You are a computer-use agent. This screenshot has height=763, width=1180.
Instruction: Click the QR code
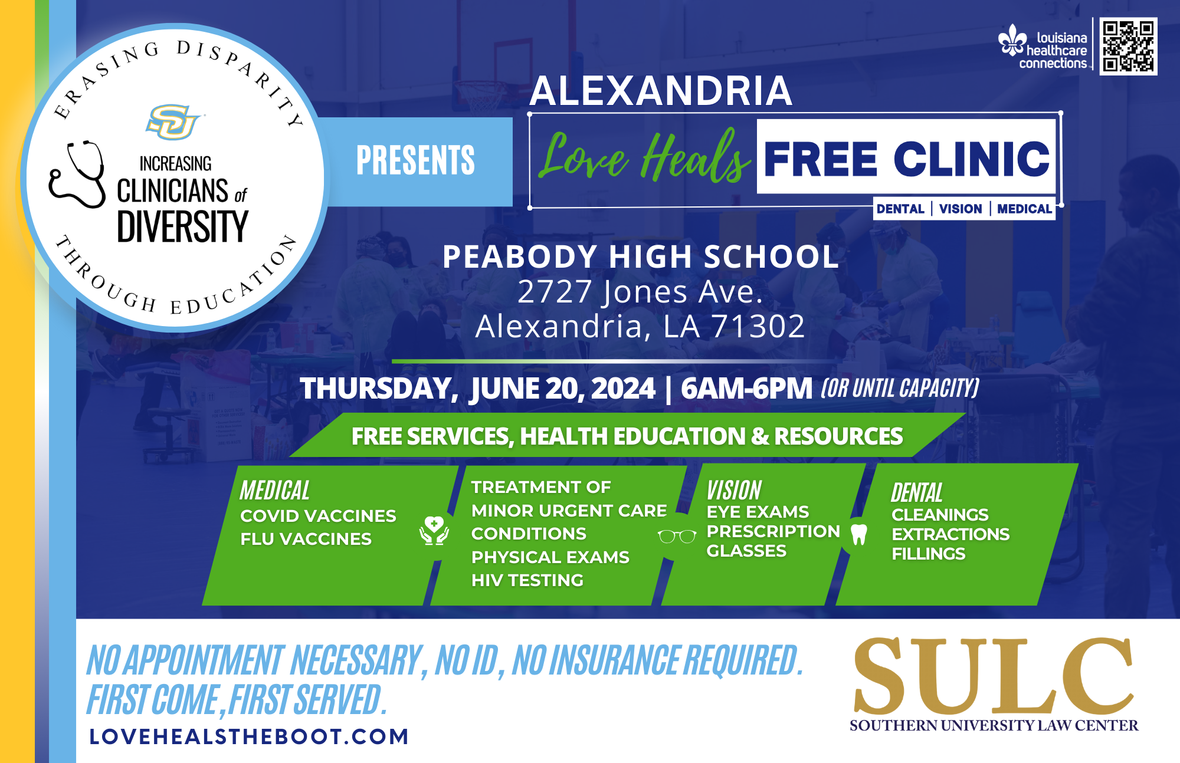[x=1129, y=46]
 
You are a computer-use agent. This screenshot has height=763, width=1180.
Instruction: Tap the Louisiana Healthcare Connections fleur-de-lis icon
[x=1012, y=40]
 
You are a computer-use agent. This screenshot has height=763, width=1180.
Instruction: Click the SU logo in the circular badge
[x=173, y=121]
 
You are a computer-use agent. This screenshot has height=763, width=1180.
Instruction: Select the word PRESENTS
[x=415, y=160]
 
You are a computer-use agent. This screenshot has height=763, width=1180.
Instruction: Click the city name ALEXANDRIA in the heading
[x=661, y=91]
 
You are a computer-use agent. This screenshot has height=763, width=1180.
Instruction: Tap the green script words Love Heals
[x=645, y=156]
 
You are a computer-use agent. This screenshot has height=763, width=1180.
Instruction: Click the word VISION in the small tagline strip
[x=961, y=209]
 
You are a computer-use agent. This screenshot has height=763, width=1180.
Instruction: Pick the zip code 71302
[x=758, y=326]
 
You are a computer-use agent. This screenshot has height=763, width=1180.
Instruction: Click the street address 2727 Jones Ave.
[x=640, y=292]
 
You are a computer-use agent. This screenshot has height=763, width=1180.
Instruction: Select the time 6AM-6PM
[x=746, y=389]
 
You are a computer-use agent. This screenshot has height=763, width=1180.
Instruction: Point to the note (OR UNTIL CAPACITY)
[x=900, y=388]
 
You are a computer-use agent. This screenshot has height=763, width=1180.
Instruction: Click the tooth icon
[x=859, y=534]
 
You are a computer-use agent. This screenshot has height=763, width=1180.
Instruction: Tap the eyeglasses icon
[x=677, y=536]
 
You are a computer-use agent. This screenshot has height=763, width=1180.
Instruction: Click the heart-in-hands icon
[x=434, y=530]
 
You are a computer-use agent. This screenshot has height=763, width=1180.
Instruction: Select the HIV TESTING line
[x=527, y=580]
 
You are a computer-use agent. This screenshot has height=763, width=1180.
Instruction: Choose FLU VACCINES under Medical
[x=306, y=539]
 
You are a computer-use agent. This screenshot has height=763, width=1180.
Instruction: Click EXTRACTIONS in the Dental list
[x=950, y=534]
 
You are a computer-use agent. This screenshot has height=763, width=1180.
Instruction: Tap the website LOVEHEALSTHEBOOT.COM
[x=249, y=736]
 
